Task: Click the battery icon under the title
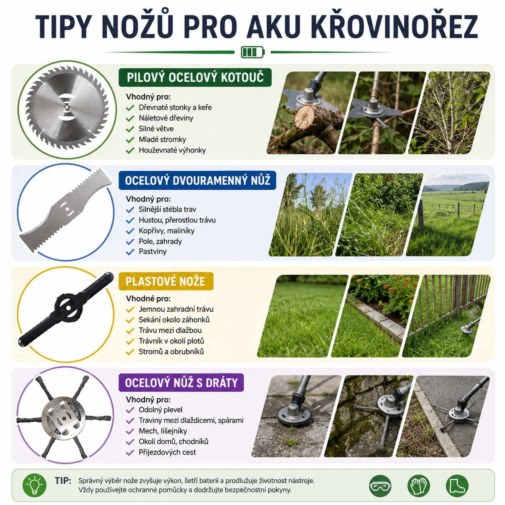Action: coord(252,52)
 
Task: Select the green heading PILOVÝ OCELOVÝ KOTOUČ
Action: coord(195,77)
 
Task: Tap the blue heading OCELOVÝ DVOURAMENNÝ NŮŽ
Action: coord(197,180)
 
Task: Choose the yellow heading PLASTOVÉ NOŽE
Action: coord(166,281)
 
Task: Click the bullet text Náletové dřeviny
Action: coord(166,118)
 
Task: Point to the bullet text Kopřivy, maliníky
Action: coord(166,231)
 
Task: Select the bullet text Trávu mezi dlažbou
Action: coord(170,330)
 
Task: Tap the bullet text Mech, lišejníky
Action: coord(163,431)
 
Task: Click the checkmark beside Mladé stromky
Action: coord(130,140)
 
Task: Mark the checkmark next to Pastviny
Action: coord(130,252)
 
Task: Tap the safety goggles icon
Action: coord(380,486)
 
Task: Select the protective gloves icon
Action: coord(418,486)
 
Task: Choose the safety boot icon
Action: coord(457,486)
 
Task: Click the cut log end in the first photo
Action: coord(304,116)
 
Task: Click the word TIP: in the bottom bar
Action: coord(63,480)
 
